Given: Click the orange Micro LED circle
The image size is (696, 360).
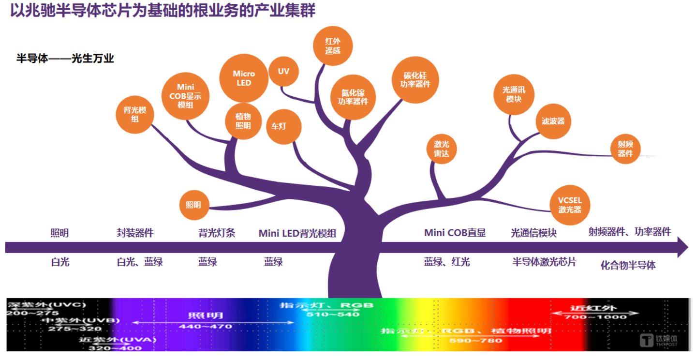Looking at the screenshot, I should [244, 78].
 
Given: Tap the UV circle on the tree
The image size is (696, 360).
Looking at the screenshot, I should [283, 71].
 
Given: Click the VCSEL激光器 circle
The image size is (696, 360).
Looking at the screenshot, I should [570, 205].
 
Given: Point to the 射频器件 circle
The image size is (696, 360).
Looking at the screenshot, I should [625, 149].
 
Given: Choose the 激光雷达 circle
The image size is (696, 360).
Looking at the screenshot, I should [442, 148].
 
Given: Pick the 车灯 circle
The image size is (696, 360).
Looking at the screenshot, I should [284, 127].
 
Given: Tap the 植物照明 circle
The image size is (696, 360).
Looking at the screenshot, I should [243, 121].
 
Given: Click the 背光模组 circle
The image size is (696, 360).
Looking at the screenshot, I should [135, 114].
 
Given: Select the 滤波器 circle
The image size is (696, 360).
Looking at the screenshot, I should [553, 121].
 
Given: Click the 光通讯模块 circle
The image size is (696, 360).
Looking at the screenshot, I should [514, 95].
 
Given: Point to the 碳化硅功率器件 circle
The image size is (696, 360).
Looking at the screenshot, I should [415, 80].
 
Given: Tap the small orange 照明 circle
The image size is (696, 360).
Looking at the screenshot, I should [193, 205].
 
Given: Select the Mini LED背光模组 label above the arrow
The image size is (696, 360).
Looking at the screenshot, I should [297, 233].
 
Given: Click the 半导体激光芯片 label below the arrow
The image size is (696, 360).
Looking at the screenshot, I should [544, 262].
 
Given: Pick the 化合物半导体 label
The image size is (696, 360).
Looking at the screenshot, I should [628, 265].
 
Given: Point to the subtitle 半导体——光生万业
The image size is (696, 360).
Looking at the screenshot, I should [65, 59].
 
